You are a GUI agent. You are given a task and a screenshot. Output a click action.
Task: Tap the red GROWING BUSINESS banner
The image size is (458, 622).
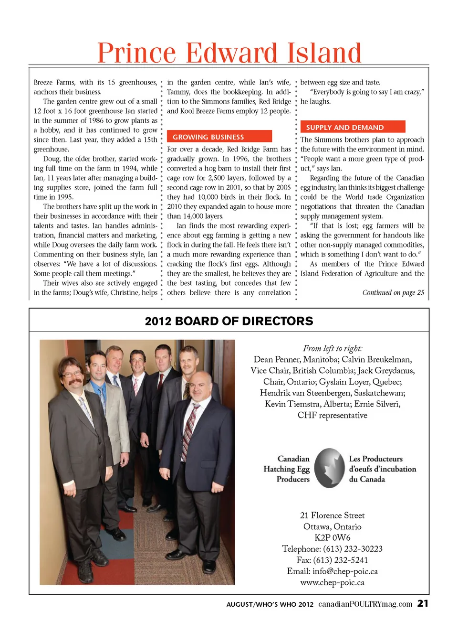click(219, 137)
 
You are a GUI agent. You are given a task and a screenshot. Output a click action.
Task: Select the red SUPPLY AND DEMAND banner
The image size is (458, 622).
click(353, 127)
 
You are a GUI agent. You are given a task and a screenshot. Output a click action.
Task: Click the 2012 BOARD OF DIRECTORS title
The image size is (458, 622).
click(229, 321)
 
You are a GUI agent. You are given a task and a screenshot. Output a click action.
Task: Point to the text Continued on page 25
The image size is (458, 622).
click(393, 292)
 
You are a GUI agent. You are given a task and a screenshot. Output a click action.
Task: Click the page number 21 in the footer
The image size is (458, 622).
click(423, 603)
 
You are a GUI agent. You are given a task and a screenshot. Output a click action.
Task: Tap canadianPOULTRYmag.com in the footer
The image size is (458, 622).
click(365, 604)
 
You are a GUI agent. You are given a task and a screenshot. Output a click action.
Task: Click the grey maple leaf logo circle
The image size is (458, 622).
click(330, 468)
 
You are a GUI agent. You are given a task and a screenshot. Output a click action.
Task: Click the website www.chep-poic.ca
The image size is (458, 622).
click(332, 582)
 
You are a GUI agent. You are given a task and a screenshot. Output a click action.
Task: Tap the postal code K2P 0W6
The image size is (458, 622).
click(332, 537)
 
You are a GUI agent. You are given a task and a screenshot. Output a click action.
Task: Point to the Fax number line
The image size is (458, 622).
click(332, 560)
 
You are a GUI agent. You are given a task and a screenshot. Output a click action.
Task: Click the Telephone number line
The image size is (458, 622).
click(332, 549)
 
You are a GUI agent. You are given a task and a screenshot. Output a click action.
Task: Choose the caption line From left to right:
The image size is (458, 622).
click(333, 348)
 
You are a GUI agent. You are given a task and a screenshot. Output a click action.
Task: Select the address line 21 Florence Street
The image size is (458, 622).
click(332, 515)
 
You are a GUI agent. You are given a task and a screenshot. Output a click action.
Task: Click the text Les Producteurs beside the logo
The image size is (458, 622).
click(375, 459)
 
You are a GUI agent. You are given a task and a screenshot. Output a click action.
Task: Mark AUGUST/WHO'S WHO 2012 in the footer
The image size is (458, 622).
click(270, 604)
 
